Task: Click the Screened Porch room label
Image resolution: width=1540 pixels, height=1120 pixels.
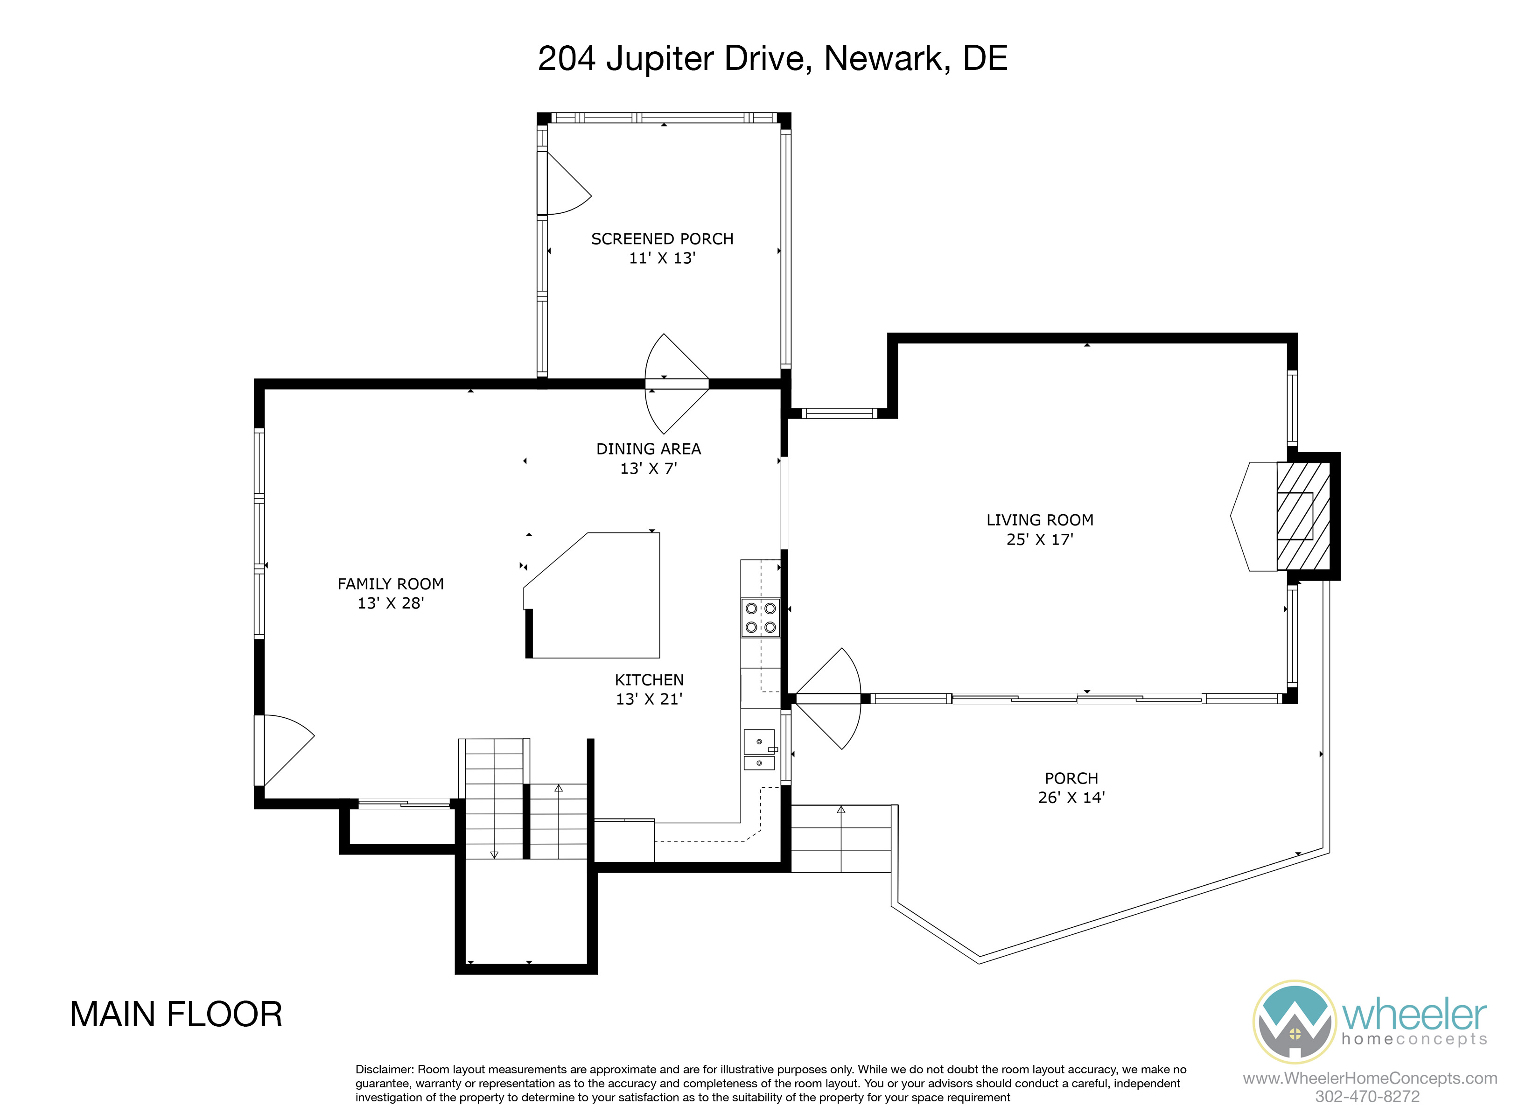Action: click(x=662, y=239)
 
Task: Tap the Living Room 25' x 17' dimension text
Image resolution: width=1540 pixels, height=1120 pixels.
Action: click(x=1040, y=539)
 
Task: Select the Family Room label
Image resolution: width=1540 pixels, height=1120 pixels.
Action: click(x=391, y=584)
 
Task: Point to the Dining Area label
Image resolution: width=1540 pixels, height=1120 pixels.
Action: click(x=649, y=449)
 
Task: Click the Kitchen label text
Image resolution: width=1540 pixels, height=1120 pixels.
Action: click(x=649, y=680)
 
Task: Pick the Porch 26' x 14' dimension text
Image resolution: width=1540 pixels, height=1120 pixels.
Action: click(x=1071, y=798)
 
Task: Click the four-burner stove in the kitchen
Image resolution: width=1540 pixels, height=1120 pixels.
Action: click(x=761, y=618)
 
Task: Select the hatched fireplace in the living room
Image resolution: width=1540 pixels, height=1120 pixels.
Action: click(x=1302, y=516)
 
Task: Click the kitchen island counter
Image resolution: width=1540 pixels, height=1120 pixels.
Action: click(x=593, y=595)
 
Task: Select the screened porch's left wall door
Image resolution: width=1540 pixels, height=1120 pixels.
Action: click(x=565, y=183)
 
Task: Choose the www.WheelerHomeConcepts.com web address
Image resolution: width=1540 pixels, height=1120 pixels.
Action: click(x=1370, y=1078)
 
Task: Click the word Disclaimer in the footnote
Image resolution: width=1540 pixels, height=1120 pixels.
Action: click(x=385, y=1069)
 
